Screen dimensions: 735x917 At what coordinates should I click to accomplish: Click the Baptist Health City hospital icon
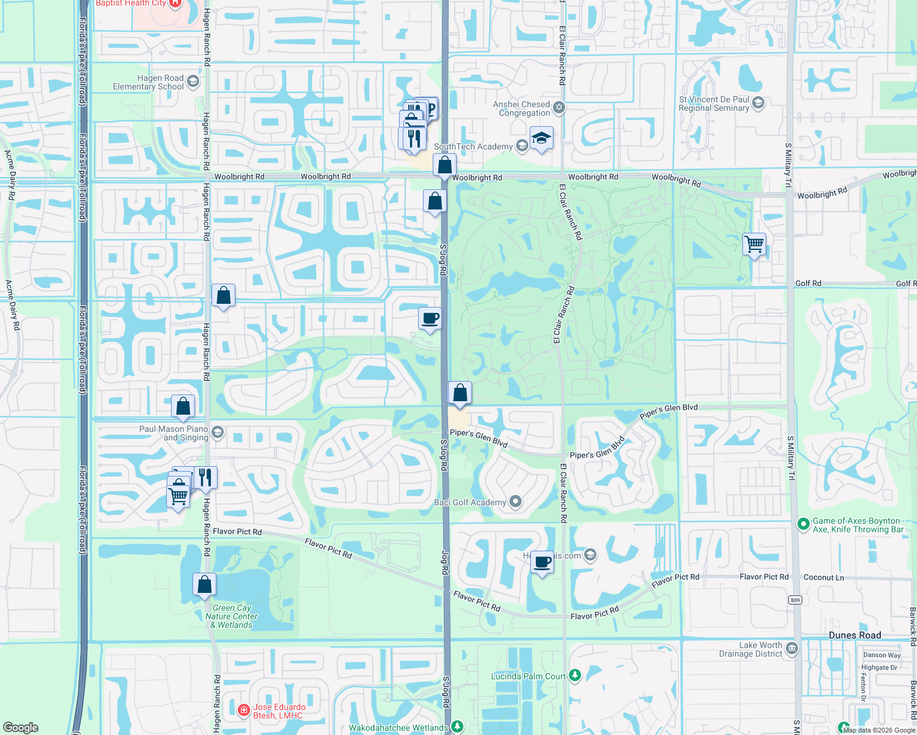tap(175, 3)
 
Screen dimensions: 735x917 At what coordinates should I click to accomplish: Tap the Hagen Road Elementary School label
tap(148, 83)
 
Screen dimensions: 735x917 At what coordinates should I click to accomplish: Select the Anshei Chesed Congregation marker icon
tap(558, 108)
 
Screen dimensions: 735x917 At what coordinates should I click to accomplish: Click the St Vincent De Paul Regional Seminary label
tap(713, 104)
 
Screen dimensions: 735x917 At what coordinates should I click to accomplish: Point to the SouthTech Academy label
tap(473, 147)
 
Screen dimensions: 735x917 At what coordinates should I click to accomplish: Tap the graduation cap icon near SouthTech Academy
tap(542, 138)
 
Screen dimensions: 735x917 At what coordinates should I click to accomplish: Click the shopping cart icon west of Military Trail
tap(755, 244)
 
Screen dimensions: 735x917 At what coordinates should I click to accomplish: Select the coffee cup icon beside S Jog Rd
tap(430, 318)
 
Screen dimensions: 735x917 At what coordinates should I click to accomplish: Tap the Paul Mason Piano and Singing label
tap(173, 433)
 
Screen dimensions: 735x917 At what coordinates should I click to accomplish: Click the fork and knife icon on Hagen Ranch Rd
tap(205, 477)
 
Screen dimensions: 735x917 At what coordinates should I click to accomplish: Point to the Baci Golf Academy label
tap(470, 503)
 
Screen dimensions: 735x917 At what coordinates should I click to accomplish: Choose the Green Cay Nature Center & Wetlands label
tap(232, 617)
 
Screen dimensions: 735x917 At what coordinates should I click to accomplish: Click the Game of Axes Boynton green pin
tap(803, 524)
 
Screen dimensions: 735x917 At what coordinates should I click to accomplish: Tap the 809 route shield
tap(796, 600)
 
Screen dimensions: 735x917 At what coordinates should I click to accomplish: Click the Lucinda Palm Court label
tap(528, 676)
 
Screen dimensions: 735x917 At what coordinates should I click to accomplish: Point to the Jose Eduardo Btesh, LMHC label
tap(279, 711)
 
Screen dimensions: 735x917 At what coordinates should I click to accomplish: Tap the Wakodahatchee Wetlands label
tap(398, 728)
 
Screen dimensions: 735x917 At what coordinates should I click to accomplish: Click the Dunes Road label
tap(854, 635)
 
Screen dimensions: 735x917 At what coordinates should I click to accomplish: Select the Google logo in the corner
tap(21, 728)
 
